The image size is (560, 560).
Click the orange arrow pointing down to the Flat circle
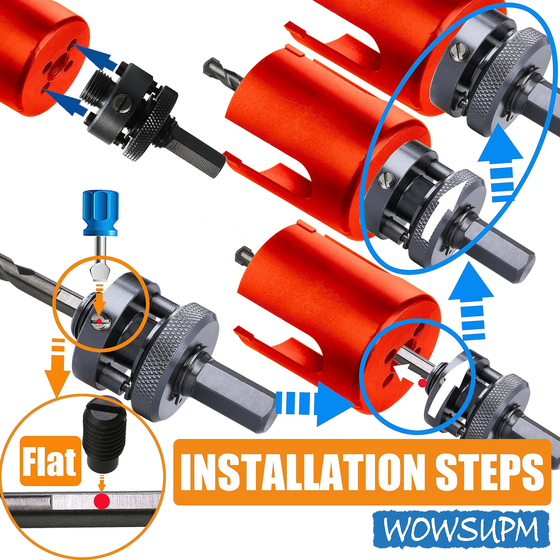coord(58,367)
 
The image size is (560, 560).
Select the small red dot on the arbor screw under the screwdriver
coord(99,321)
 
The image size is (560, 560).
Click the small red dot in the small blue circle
coord(423,383)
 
